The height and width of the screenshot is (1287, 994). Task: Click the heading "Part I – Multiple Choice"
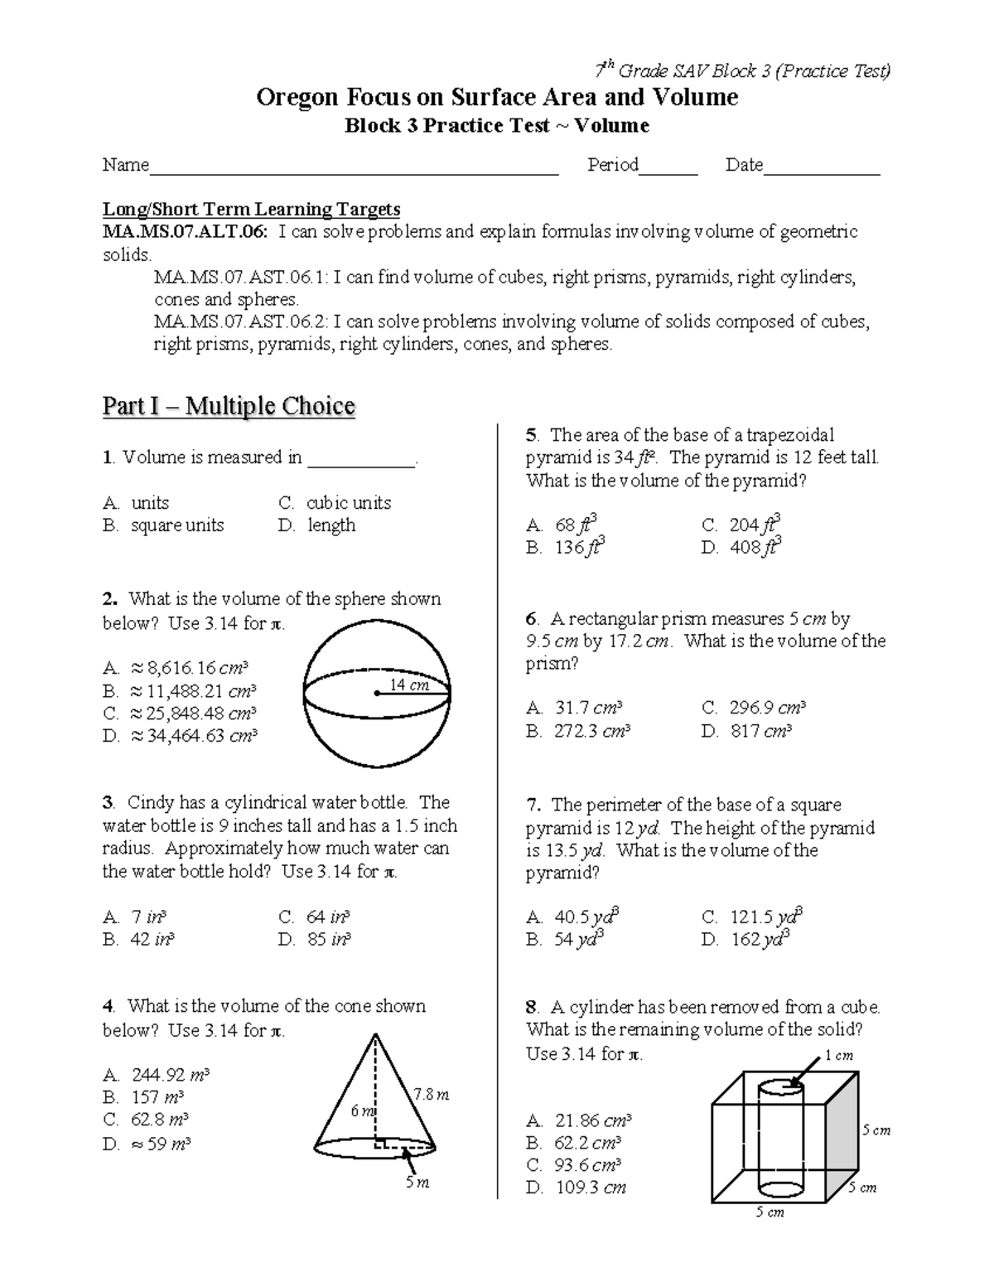pos(229,406)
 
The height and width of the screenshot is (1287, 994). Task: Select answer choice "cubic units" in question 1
pos(348,503)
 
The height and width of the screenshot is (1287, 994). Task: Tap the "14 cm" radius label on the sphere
pos(409,685)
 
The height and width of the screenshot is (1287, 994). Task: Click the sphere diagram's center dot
pos(377,694)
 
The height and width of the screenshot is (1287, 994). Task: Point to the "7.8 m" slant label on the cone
pos(431,1095)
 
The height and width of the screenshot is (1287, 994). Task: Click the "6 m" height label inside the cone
pos(362,1110)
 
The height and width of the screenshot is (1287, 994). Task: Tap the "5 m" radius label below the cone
pos(417,1183)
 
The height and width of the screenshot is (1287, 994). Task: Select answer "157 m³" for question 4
pos(157,1098)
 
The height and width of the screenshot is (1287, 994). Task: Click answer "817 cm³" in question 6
pos(760,731)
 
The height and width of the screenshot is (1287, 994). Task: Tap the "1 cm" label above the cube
pos(838,1056)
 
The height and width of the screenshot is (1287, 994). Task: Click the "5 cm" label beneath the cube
pos(770,1212)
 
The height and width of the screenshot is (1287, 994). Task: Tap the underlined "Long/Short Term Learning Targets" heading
pos(251,210)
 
